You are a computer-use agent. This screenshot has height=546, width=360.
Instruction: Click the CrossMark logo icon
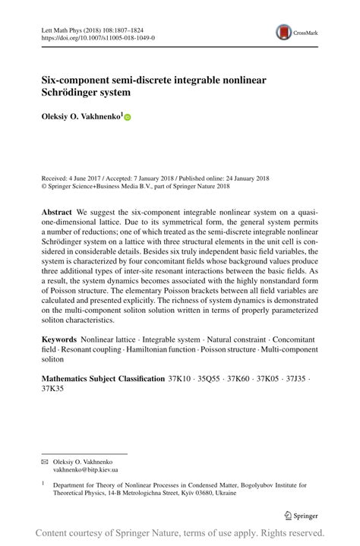pos(285,31)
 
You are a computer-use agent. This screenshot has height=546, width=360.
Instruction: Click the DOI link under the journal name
pos(97,36)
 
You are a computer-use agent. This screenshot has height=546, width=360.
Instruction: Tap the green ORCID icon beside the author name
pos(128,118)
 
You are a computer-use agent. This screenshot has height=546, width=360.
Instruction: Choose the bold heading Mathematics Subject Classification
pos(103,378)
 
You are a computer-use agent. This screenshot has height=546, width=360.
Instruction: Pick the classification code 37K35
pos(52,389)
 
